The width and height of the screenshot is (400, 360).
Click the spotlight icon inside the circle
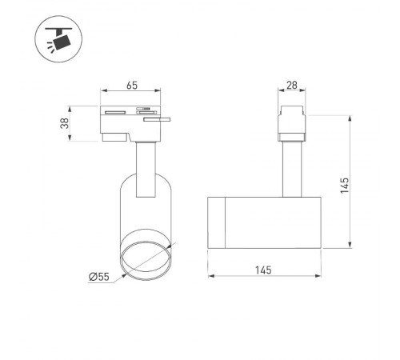click(x=56, y=38)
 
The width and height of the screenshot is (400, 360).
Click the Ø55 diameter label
click(x=99, y=276)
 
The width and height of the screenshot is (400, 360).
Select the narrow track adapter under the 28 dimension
click(x=291, y=124)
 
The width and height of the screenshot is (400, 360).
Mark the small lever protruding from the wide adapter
click(x=164, y=119)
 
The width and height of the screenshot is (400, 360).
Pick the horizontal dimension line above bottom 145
click(x=265, y=278)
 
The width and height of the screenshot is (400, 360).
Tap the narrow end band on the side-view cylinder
click(x=217, y=221)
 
